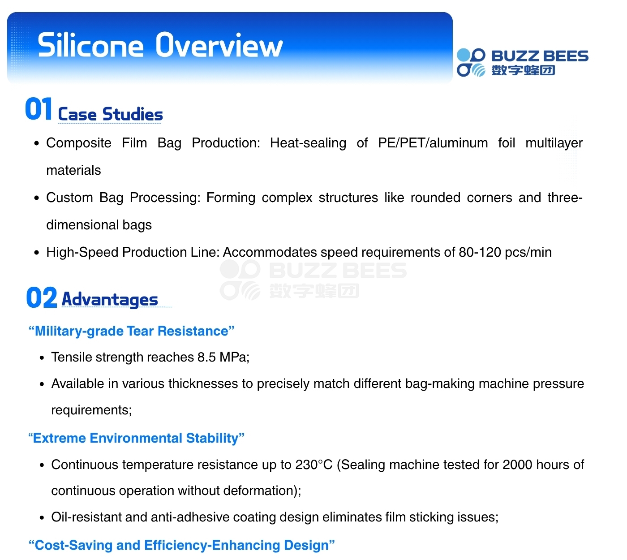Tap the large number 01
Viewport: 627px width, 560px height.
click(39, 108)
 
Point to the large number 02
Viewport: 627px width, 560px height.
click(42, 297)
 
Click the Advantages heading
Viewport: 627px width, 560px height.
click(110, 299)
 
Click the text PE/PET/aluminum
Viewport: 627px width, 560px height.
click(433, 143)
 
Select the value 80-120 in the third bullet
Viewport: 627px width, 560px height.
click(480, 252)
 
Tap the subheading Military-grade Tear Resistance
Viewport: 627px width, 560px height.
click(131, 331)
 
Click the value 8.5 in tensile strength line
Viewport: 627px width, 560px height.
click(206, 357)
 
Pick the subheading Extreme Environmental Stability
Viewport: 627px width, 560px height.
click(136, 438)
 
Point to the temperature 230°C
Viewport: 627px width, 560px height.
click(314, 465)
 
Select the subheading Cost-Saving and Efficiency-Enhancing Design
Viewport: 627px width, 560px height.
click(182, 545)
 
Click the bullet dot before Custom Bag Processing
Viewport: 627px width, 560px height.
click(37, 198)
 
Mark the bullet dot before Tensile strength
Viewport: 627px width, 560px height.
click(42, 358)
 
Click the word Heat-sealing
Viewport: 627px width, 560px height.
click(308, 143)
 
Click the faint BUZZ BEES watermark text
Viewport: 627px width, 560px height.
click(338, 270)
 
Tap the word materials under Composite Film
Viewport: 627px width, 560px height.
click(73, 170)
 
